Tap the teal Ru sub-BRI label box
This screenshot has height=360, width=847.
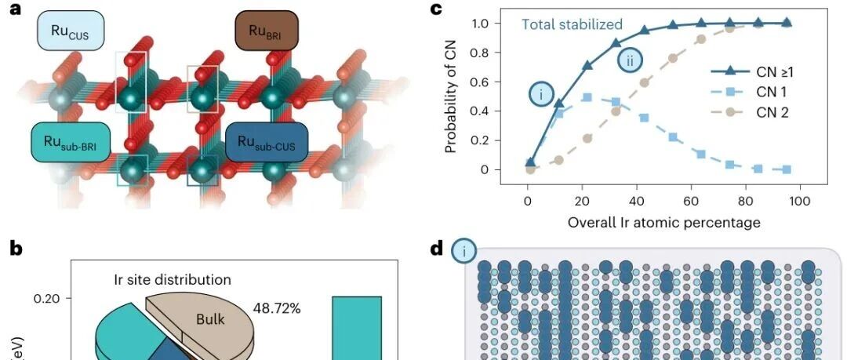point(71,142)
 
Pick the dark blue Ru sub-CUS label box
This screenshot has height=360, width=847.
point(267,142)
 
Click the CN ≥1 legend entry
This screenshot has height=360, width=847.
point(749,71)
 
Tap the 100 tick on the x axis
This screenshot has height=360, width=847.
point(800,202)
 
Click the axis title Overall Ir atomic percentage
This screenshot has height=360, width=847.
point(664,222)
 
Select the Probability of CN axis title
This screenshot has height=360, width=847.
point(452,96)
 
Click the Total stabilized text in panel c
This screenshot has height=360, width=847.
point(572,24)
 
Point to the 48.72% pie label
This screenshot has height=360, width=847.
point(277,309)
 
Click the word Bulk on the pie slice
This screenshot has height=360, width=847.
point(210,319)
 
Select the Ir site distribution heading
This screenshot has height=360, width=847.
point(173,279)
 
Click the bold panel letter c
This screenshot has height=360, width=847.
point(435,9)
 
